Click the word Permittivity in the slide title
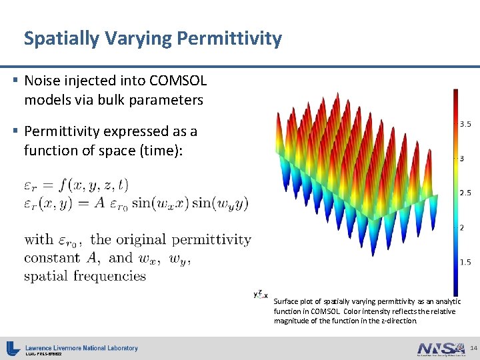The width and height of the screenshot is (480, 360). (229, 39)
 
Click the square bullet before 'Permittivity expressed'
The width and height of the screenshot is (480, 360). (15, 131)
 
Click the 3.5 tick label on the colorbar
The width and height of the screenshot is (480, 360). (465, 124)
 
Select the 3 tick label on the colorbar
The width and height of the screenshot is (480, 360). (461, 159)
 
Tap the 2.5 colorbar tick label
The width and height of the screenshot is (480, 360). (465, 193)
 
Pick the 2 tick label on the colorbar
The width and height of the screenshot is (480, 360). (461, 227)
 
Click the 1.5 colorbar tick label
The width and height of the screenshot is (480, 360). (465, 262)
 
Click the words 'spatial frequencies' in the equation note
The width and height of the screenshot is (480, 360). (85, 275)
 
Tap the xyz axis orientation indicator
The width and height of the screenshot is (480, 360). (261, 294)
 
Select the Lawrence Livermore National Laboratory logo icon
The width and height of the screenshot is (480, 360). (13, 348)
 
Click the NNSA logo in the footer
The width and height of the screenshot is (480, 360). (441, 349)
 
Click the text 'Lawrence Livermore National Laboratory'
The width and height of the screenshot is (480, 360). (81, 347)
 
